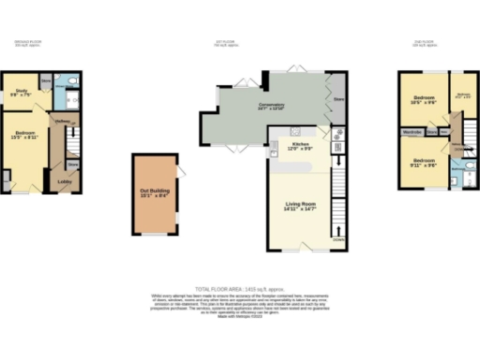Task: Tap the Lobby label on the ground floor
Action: point(65,181)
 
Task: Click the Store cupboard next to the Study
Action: point(46,81)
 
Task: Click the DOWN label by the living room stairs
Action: point(338,238)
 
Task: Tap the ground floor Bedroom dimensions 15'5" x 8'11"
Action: point(22,137)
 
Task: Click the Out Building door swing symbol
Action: point(181,170)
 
